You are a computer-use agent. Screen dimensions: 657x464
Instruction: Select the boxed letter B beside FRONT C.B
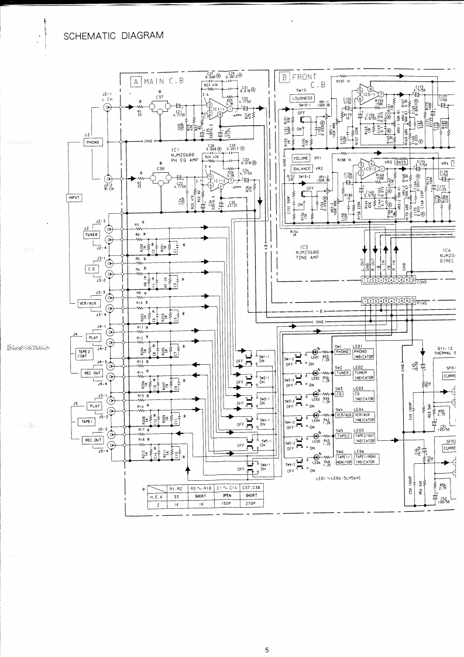point(285,77)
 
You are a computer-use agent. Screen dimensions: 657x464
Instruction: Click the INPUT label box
point(74,198)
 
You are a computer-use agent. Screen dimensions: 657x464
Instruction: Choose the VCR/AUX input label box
point(87,303)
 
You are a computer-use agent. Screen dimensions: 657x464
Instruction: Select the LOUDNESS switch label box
point(303,98)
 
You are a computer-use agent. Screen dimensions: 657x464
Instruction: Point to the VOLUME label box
point(301,158)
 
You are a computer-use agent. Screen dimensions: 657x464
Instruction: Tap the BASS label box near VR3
point(401,162)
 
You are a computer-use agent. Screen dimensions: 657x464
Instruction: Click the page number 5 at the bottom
point(266,633)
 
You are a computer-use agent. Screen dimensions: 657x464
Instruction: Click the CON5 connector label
point(422,282)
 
